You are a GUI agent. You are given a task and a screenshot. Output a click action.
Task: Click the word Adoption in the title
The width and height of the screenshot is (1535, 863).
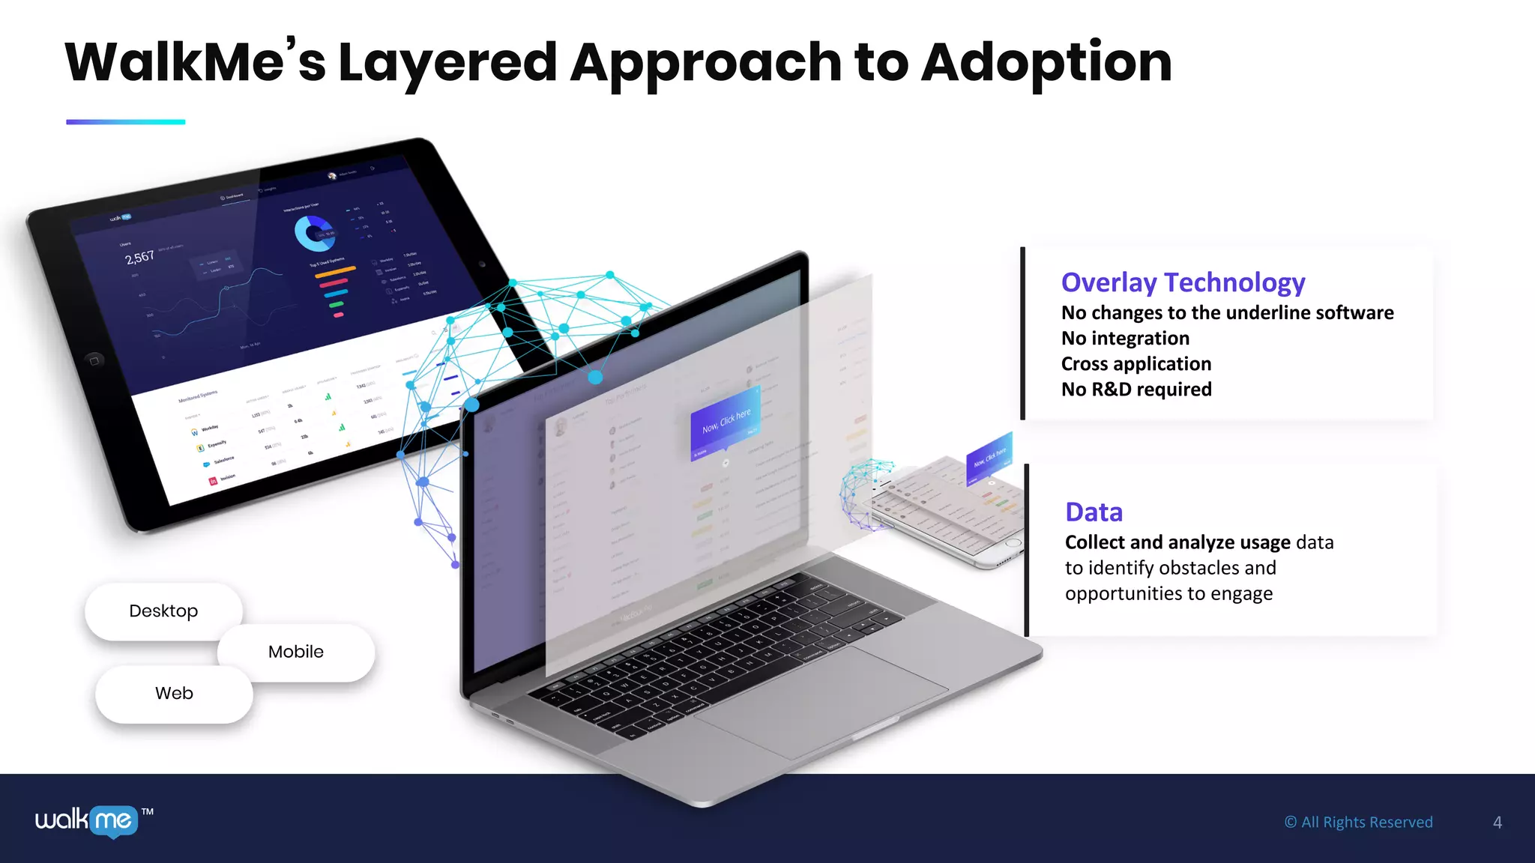coord(1046,63)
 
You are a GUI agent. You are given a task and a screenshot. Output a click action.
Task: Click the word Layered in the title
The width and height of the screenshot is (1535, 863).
coord(447,63)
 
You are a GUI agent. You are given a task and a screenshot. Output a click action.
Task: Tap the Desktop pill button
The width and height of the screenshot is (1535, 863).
coord(163,611)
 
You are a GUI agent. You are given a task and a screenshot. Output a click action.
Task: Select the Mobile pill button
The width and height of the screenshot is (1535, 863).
coord(296,652)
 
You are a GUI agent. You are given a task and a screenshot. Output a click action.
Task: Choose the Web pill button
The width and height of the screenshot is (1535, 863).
coord(174,694)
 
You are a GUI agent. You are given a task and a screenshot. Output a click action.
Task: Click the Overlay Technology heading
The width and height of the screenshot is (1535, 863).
coord(1183,282)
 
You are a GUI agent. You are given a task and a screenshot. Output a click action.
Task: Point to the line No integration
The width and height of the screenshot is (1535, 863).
coord(1125,339)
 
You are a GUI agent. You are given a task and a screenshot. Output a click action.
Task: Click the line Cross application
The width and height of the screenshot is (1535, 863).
coord(1136,364)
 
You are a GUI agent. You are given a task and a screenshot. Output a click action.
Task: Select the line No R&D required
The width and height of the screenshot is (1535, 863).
coord(1136,390)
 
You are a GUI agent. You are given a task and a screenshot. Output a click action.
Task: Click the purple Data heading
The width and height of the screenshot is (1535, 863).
coord(1094,512)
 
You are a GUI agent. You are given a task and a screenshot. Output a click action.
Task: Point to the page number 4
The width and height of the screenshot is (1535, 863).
coord(1497,823)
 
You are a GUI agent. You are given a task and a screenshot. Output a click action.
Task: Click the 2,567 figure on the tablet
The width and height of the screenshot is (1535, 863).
coord(139,258)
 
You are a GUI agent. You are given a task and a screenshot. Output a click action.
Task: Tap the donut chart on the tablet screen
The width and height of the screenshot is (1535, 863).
coord(313,233)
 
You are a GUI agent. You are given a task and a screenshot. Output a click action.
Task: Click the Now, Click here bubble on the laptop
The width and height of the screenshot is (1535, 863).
coord(726,423)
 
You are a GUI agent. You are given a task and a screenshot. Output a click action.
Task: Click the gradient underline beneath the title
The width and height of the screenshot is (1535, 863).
coord(125,121)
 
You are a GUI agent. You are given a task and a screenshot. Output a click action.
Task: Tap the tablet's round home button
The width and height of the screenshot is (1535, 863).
coord(94,360)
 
